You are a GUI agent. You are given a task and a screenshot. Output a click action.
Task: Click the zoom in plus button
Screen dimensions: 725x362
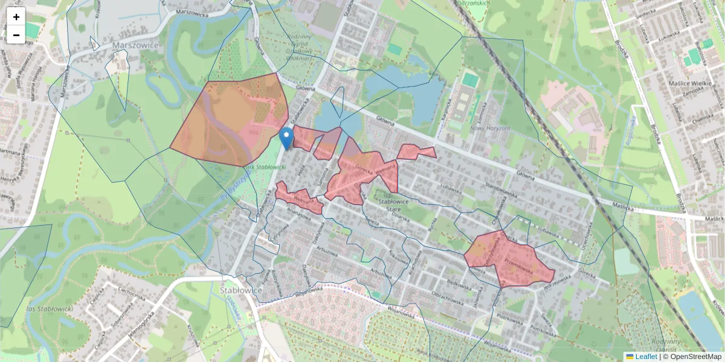[x=16, y=17]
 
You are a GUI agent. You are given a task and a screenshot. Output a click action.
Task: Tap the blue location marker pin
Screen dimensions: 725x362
[x=288, y=139]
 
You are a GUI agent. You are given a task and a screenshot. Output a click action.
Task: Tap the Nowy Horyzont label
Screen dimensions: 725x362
[x=491, y=128]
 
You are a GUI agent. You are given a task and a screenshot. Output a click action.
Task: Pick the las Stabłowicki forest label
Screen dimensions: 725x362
[x=50, y=309]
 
